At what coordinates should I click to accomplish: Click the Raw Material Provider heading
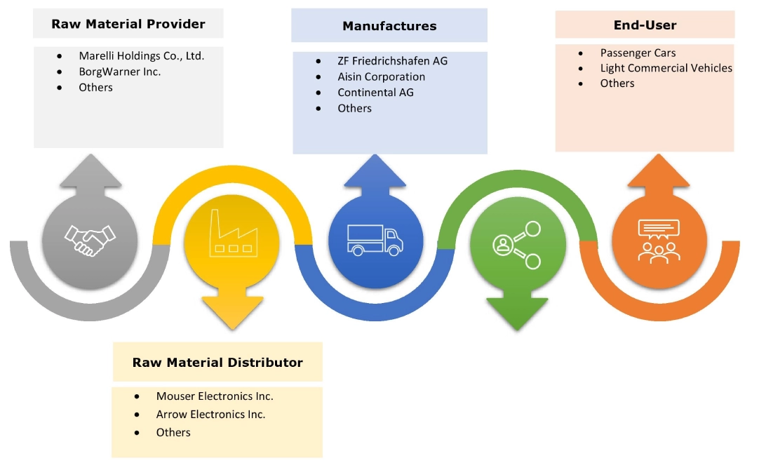(128, 25)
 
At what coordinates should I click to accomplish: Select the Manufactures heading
(389, 26)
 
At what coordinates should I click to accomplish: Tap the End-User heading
(645, 25)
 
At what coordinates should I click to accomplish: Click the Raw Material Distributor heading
(217, 363)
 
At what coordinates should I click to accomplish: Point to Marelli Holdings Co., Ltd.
(141, 55)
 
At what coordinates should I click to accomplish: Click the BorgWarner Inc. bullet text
(119, 72)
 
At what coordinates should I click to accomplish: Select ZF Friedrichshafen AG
(392, 60)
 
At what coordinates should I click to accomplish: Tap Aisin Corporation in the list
(381, 76)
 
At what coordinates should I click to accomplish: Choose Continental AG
(375, 92)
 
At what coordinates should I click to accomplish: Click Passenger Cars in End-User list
(638, 53)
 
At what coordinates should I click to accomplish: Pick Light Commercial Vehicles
(666, 68)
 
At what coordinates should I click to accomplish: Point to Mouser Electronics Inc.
(215, 396)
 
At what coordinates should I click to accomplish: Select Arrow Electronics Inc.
(210, 415)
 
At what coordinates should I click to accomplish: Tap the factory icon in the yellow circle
(231, 240)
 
